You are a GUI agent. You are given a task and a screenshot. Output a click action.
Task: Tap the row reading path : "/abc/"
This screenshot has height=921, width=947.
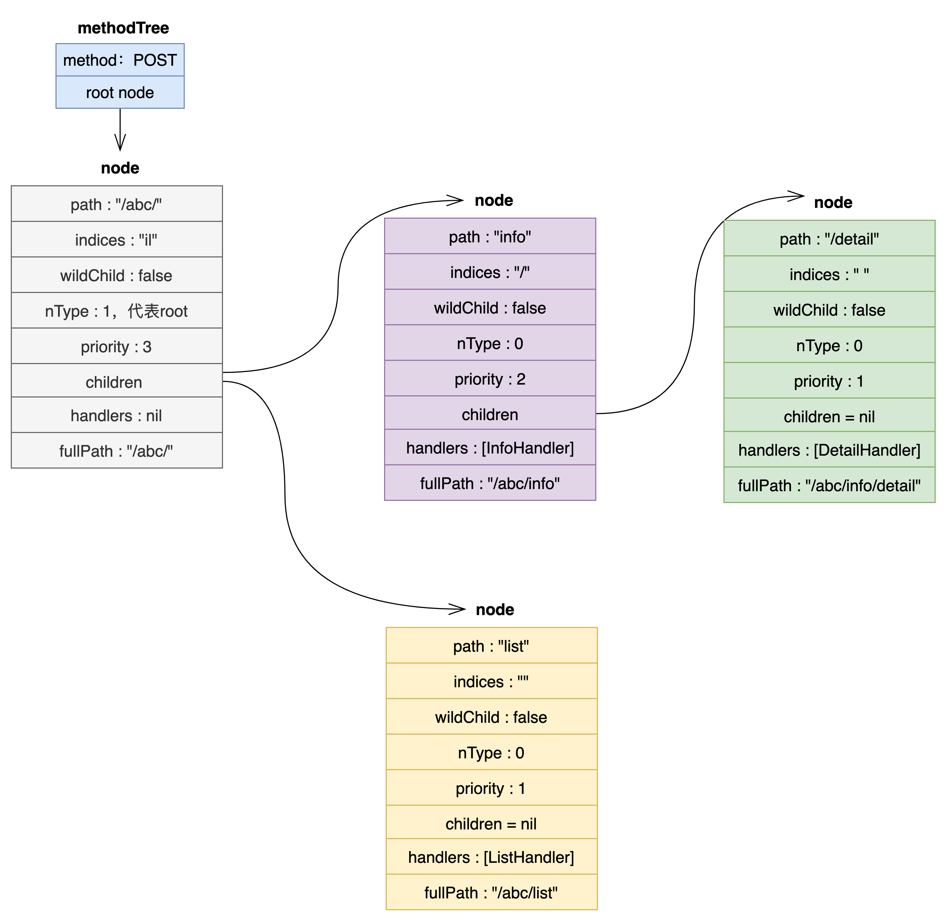point(117,204)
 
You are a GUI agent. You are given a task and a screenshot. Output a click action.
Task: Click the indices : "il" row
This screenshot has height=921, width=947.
point(117,240)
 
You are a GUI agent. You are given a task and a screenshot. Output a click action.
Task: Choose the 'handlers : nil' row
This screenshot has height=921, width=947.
point(117,416)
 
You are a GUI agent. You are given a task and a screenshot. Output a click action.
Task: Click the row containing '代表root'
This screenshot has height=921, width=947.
point(117,311)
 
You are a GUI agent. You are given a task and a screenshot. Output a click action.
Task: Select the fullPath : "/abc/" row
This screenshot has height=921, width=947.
point(117,451)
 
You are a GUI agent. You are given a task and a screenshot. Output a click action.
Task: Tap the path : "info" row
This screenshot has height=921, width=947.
point(490,236)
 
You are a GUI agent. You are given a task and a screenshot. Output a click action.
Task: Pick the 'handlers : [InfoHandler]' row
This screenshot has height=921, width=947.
point(490,448)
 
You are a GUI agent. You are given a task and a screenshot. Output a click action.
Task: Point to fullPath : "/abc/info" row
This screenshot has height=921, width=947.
point(490,483)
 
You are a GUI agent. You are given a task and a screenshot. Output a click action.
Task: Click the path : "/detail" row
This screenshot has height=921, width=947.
point(829,239)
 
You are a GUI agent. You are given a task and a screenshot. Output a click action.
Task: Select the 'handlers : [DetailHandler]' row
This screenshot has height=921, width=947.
point(829,450)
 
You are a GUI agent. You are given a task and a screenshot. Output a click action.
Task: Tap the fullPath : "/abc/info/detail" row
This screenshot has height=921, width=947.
point(829,485)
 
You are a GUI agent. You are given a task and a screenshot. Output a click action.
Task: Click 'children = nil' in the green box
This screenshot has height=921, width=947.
point(829,417)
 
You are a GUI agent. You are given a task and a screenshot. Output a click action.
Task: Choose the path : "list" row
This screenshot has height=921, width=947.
point(491,646)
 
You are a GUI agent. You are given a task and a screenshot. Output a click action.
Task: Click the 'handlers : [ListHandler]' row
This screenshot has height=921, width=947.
point(491,857)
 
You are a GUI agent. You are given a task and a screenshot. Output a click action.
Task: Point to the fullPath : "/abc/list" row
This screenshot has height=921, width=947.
point(491,892)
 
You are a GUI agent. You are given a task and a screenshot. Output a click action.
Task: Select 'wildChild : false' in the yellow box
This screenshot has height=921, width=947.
point(491,717)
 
